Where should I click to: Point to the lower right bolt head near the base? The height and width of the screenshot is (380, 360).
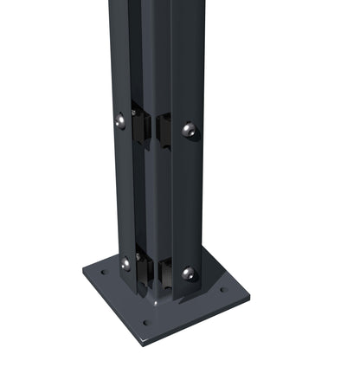[x=189, y=274]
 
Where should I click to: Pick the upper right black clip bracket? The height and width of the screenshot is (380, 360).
[x=164, y=131]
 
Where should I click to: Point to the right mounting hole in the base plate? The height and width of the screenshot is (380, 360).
[x=222, y=291]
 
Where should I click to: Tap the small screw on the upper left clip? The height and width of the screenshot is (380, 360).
[x=134, y=112]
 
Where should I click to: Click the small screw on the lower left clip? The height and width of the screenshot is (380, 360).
[x=136, y=256]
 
